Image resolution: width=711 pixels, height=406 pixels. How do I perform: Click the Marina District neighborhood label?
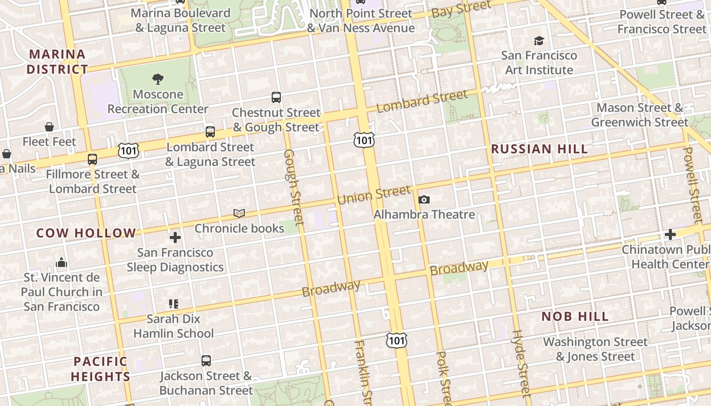57,61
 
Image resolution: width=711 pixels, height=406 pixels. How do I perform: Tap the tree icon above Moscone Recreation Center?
158,79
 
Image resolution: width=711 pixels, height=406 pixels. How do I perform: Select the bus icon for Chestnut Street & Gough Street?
276,97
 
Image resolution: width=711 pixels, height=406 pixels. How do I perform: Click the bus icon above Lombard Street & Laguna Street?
210,131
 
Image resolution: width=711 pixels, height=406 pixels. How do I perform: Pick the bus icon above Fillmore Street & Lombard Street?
92,159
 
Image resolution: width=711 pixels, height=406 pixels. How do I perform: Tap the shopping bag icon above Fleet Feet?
49,126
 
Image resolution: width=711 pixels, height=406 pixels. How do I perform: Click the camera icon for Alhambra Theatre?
424,199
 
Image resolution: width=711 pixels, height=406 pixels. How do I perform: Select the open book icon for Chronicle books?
239,213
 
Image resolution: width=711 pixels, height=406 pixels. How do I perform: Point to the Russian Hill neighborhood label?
539,149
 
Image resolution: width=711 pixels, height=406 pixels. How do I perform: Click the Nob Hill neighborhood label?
575,317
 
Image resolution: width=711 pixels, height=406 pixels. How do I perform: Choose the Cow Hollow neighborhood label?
86,233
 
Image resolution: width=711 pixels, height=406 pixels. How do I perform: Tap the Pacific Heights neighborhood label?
101,369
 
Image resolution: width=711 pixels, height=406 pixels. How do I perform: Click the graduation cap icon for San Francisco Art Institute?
539,41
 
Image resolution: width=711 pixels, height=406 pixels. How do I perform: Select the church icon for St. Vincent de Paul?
61,262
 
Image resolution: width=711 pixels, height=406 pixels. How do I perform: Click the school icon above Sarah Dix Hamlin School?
174,304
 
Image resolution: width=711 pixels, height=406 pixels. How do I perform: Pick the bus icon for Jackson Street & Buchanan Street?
206,361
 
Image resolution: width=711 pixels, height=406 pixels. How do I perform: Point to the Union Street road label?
374,195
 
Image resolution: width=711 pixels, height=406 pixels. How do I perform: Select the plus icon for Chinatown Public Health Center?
670,234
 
